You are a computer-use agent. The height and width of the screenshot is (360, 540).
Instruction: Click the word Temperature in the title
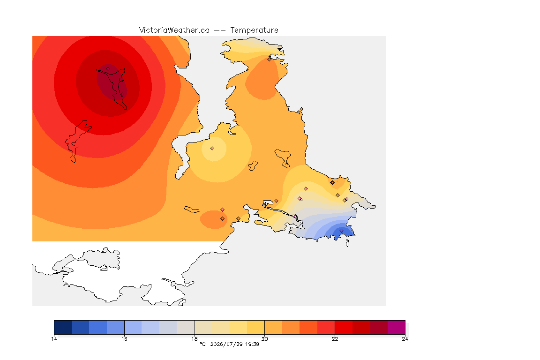coord(254,30)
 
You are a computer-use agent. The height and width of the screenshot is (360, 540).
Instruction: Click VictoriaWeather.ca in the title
coord(174,30)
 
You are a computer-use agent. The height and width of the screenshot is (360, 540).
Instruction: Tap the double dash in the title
coord(220,30)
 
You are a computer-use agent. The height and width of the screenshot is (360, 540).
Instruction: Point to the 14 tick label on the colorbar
coord(54,339)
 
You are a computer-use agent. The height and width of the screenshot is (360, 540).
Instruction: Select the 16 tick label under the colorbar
coord(124,339)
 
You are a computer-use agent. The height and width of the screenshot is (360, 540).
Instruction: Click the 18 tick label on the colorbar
coord(195,339)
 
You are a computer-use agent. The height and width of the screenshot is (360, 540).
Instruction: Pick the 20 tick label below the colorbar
coord(264,339)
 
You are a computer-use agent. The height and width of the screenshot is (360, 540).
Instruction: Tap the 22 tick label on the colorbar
coord(335,339)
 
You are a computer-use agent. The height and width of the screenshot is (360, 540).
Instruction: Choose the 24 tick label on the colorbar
coord(405,339)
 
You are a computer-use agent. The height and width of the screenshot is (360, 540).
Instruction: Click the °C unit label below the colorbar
coord(202,344)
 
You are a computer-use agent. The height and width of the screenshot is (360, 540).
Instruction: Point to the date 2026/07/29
coord(226,344)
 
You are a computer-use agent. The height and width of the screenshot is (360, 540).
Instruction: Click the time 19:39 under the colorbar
coord(252,344)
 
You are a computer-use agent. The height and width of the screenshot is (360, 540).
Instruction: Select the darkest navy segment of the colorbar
coord(63,327)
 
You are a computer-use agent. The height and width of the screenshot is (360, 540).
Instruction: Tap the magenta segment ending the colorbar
coord(397,327)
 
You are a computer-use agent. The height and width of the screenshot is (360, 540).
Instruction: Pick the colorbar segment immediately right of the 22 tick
coord(344,327)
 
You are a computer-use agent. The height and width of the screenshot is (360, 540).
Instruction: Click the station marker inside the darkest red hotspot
coord(108,69)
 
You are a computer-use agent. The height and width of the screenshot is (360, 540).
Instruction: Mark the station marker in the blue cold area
coord(341,231)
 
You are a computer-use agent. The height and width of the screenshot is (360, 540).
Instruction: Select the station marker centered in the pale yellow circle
coord(212,149)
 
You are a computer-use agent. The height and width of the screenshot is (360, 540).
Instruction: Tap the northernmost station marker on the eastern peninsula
coord(270,59)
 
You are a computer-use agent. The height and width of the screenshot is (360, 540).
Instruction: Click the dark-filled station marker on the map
coord(332,183)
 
